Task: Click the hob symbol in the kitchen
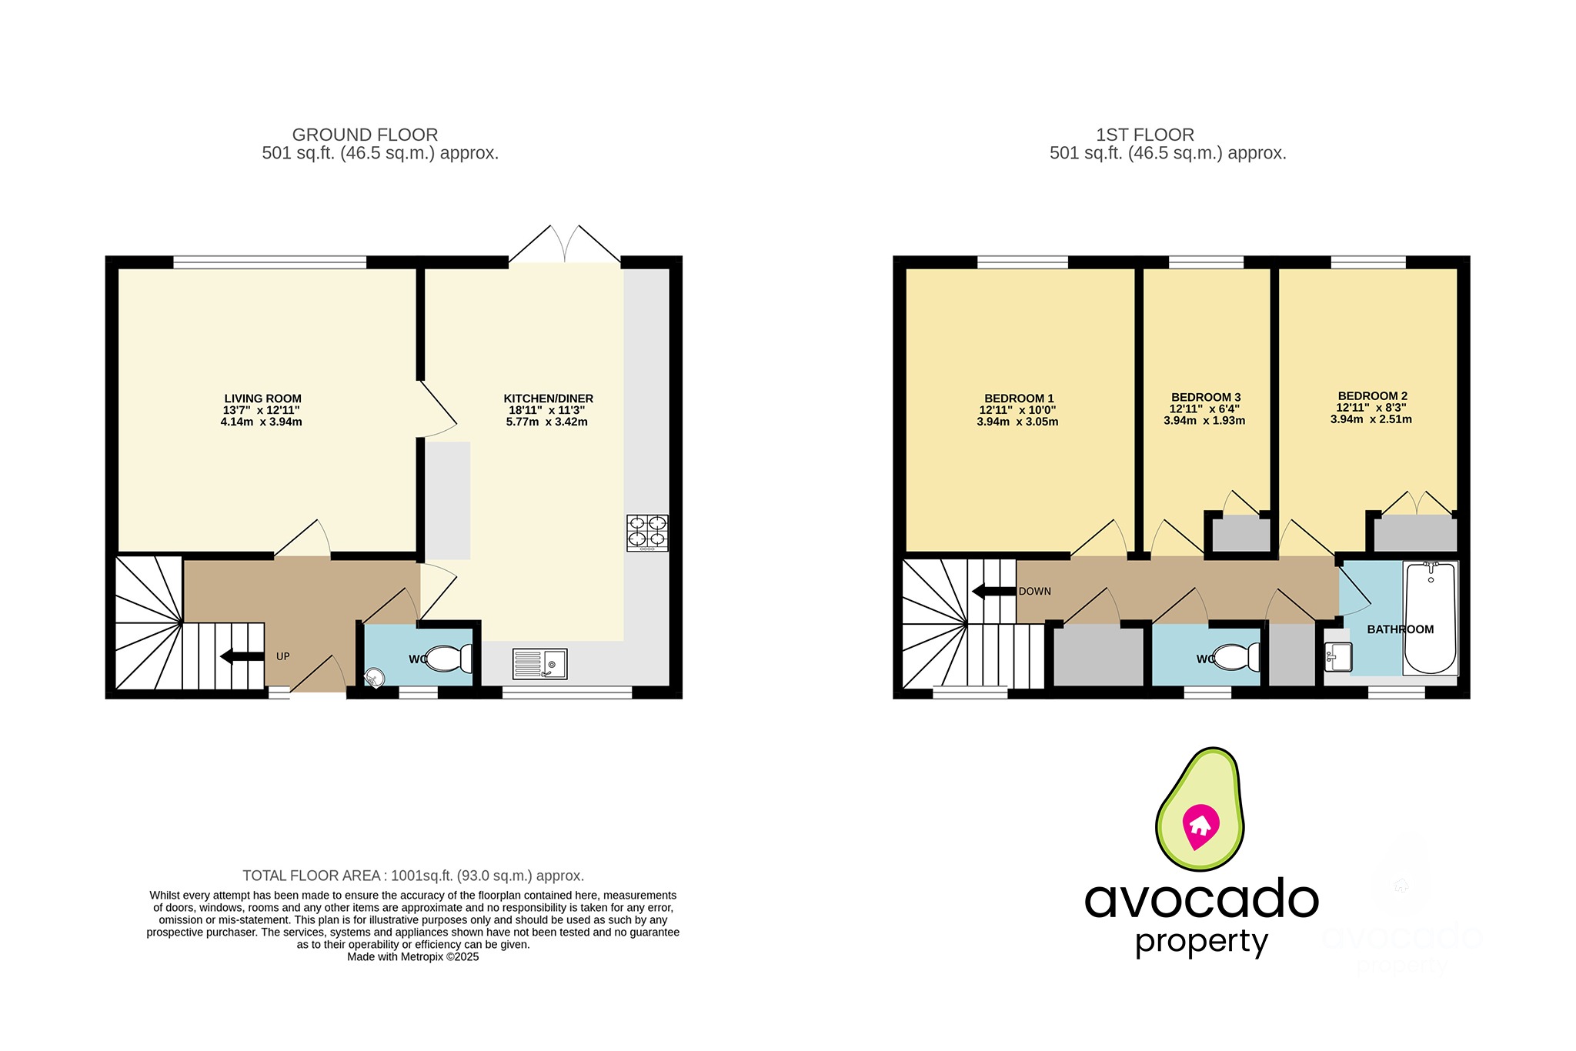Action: pyautogui.click(x=647, y=532)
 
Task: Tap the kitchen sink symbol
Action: pyautogui.click(x=540, y=663)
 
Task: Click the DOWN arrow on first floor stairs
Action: pyautogui.click(x=993, y=591)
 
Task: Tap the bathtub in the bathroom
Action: pyautogui.click(x=1430, y=619)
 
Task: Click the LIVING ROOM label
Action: pyautogui.click(x=262, y=399)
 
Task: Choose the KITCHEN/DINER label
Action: pyautogui.click(x=548, y=399)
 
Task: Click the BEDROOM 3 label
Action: pyautogui.click(x=1205, y=398)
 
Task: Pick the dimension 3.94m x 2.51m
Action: pyautogui.click(x=1371, y=419)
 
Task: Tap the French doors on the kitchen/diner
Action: pyautogui.click(x=565, y=245)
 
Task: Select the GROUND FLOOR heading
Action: pyautogui.click(x=365, y=135)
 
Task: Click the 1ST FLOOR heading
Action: pyautogui.click(x=1144, y=135)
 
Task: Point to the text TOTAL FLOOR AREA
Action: pyautogui.click(x=312, y=876)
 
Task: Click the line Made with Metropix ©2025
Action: pyautogui.click(x=412, y=957)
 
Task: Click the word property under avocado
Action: pyautogui.click(x=1200, y=942)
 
